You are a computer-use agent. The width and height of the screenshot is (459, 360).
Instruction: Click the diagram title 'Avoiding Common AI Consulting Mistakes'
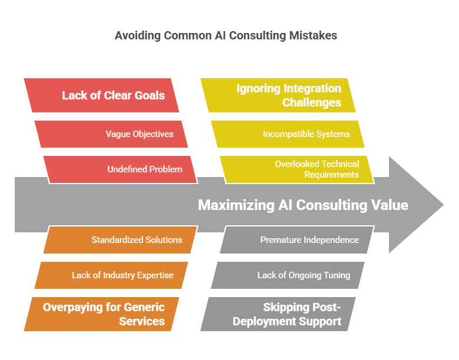(226, 35)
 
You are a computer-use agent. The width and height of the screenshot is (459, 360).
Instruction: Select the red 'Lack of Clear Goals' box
(102, 95)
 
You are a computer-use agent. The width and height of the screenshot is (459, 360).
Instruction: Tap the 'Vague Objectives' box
(111, 134)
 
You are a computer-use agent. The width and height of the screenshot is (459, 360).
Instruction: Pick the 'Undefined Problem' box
(121, 169)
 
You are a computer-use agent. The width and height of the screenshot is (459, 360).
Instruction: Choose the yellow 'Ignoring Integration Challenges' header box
(278, 95)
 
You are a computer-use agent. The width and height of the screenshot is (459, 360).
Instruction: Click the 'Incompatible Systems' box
(288, 134)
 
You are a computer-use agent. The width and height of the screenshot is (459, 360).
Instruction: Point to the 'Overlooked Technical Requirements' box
(297, 169)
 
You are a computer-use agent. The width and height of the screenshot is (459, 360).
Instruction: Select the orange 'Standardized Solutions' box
(121, 240)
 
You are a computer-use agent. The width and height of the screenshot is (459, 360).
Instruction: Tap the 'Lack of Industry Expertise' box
(111, 275)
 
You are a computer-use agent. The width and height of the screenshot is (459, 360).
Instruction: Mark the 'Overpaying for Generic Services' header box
(102, 314)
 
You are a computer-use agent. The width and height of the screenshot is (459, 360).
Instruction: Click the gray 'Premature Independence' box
(297, 240)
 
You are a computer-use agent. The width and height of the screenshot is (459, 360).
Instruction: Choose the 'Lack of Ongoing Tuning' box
(288, 275)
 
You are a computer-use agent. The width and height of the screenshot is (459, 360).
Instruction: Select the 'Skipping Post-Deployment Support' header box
(278, 314)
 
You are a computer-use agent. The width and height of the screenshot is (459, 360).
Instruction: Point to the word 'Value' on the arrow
(390, 205)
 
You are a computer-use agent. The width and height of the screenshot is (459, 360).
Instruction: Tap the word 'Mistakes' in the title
(313, 35)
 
